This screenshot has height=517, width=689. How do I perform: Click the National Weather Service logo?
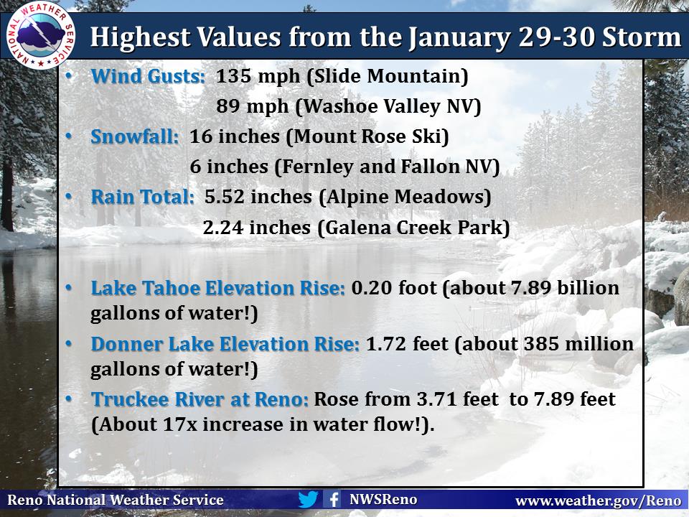click(x=40, y=35)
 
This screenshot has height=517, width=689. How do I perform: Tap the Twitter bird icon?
click(x=308, y=500)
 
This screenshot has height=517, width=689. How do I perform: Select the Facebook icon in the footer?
click(x=332, y=500)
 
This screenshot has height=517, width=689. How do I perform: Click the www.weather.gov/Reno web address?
click(x=598, y=500)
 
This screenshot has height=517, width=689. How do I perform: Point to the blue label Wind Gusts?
click(x=148, y=76)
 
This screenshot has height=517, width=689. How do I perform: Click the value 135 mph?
click(x=258, y=76)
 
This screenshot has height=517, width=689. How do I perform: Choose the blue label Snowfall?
click(x=134, y=136)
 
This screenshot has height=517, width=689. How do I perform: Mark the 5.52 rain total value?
click(x=224, y=197)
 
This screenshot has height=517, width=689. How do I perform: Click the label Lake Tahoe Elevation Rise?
click(x=218, y=289)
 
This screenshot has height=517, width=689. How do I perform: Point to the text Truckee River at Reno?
click(x=200, y=400)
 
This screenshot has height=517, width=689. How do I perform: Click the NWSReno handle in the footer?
click(x=383, y=500)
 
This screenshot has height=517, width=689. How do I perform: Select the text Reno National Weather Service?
click(x=116, y=500)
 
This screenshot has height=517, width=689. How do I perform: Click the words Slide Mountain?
click(x=387, y=76)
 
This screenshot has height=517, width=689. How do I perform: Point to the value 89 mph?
click(x=252, y=106)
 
